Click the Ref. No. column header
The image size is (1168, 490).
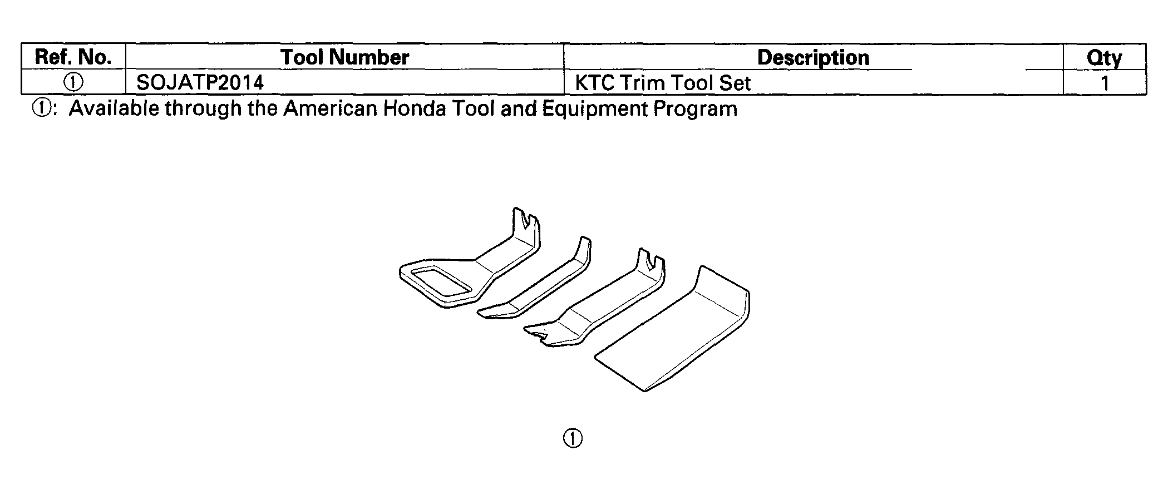coord(73,57)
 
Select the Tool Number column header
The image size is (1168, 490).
coord(344,57)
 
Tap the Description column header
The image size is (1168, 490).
coord(813,58)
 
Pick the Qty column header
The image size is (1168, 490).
coord(1104,58)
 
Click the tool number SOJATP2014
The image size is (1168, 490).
coord(200,83)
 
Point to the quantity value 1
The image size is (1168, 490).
coord(1105,83)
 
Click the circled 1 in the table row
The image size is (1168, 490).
coord(73,83)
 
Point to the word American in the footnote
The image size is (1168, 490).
coord(331,108)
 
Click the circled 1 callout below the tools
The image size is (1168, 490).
coord(573,438)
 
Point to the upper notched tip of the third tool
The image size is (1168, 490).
coord(651,264)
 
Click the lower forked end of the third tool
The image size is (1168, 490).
coord(540,335)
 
